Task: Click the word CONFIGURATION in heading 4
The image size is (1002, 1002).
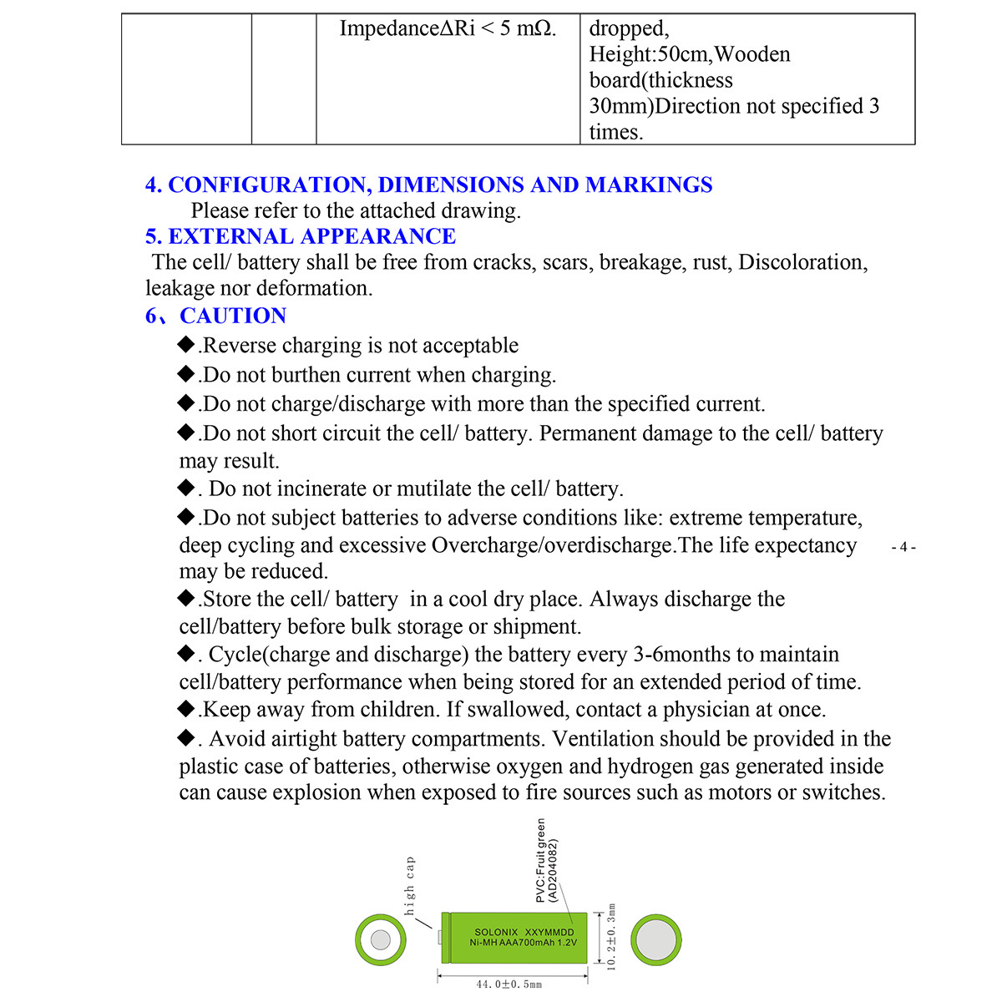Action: pyautogui.click(x=268, y=185)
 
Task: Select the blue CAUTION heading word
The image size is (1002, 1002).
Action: pyautogui.click(x=233, y=316)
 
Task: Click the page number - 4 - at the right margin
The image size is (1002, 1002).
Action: pyautogui.click(x=903, y=548)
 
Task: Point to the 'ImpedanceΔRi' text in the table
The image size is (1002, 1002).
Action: pyautogui.click(x=407, y=28)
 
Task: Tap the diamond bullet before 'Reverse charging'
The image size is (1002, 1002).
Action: pyautogui.click(x=186, y=344)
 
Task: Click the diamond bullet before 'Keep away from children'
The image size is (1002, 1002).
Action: pyautogui.click(x=186, y=709)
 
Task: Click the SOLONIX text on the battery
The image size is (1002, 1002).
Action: pyautogui.click(x=496, y=932)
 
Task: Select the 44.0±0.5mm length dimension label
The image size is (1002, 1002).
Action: pyautogui.click(x=509, y=984)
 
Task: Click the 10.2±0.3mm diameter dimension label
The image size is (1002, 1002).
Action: pyautogui.click(x=611, y=937)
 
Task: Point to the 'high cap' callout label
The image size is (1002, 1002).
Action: pyautogui.click(x=409, y=885)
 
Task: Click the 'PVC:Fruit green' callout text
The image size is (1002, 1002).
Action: pyautogui.click(x=541, y=860)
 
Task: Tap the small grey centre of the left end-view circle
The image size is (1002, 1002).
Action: pyautogui.click(x=380, y=940)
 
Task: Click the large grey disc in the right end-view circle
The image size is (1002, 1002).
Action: pyautogui.click(x=655, y=940)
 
